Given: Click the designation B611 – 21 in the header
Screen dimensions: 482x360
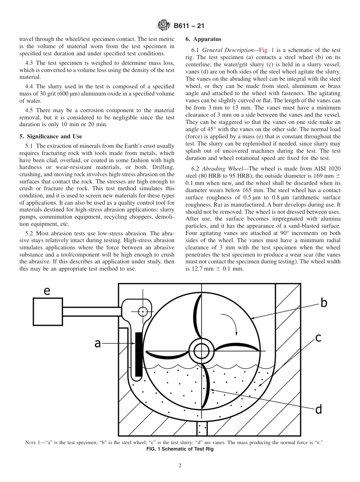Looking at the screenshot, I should coord(188,26).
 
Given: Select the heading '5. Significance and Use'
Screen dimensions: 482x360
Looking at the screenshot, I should coord(50,137).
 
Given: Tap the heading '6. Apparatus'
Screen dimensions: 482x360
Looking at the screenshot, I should coord(203,39).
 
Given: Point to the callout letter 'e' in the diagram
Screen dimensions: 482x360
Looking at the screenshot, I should coord(47,291).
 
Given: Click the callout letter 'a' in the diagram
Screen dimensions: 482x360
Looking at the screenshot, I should coord(97,343).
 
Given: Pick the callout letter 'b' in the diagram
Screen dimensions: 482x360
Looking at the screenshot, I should coord(323,303).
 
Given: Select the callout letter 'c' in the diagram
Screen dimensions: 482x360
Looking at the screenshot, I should coord(318,338).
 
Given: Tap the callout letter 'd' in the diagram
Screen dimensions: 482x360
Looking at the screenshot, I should coord(318,409).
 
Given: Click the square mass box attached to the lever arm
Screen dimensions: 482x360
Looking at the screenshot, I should coord(48,312).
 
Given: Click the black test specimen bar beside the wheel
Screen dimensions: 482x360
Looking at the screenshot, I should coord(139,354).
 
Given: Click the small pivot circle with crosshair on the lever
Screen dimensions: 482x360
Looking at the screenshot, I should coord(142,311).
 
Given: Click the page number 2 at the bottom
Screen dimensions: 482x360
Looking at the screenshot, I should coord(180,466).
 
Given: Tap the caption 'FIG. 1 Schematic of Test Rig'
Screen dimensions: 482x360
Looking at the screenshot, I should coord(180,449).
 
